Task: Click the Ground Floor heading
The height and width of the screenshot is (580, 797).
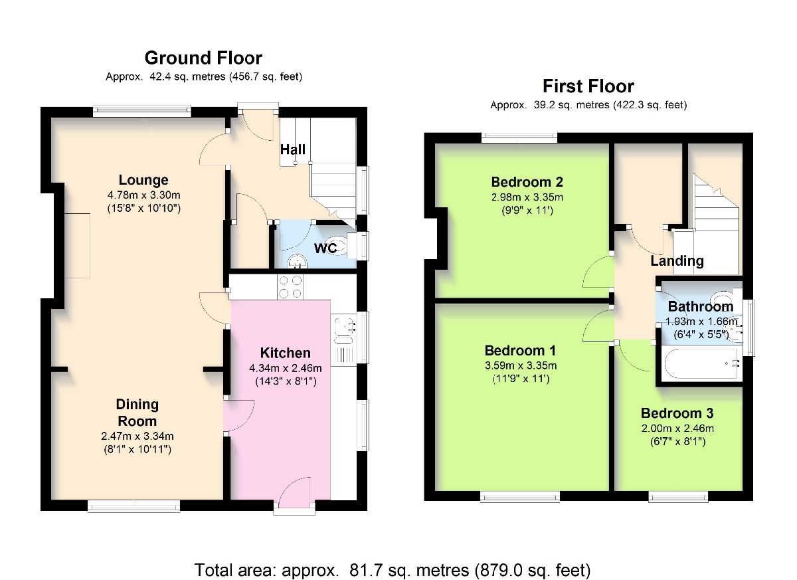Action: point(203,58)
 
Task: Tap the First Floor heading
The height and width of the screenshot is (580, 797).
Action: point(588,86)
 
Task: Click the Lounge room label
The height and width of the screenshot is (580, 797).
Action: point(143,180)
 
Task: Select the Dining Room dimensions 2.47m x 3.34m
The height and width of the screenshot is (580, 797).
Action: point(137,436)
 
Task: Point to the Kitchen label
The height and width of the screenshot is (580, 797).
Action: point(286,353)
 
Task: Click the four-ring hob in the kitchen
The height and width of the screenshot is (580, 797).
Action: point(290,287)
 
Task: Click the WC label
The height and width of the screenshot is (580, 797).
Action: point(325,248)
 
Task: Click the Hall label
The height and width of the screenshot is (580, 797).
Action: point(292,149)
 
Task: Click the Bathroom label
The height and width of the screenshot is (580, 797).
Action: point(700,306)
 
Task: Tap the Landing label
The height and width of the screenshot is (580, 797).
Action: point(677,261)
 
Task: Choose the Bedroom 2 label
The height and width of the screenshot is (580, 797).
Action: point(527,182)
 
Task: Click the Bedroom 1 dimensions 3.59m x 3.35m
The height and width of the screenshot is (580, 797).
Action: point(521,365)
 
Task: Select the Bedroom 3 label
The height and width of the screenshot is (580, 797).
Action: point(677,413)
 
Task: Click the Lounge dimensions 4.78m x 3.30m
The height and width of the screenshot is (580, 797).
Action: point(143,195)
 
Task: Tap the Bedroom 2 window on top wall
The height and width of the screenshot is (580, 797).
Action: point(519,138)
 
